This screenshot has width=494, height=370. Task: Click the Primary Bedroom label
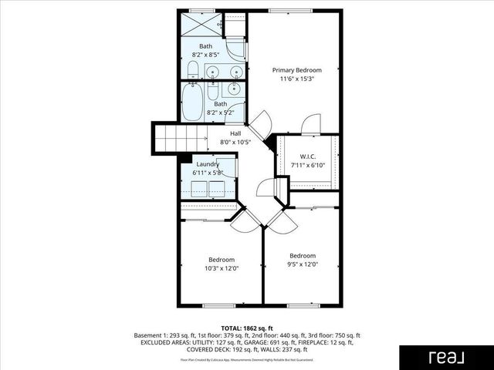pyautogui.click(x=296, y=70)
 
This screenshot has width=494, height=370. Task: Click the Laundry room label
pyautogui.click(x=208, y=164)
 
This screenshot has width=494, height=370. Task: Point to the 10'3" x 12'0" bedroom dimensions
pyautogui.click(x=221, y=268)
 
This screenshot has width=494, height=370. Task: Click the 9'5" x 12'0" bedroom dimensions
pyautogui.click(x=303, y=264)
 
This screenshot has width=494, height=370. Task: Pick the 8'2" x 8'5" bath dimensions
pyautogui.click(x=205, y=55)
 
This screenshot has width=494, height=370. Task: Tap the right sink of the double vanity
pyautogui.click(x=235, y=73)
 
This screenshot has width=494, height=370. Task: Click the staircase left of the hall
pyautogui.click(x=180, y=140)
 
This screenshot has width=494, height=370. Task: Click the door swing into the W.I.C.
pyautogui.click(x=311, y=123)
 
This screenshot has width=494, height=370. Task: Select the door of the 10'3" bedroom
pyautogui.click(x=246, y=221)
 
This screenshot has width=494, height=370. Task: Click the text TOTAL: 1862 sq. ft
pyautogui.click(x=247, y=328)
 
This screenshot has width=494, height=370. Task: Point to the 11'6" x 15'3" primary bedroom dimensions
pyautogui.click(x=296, y=79)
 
